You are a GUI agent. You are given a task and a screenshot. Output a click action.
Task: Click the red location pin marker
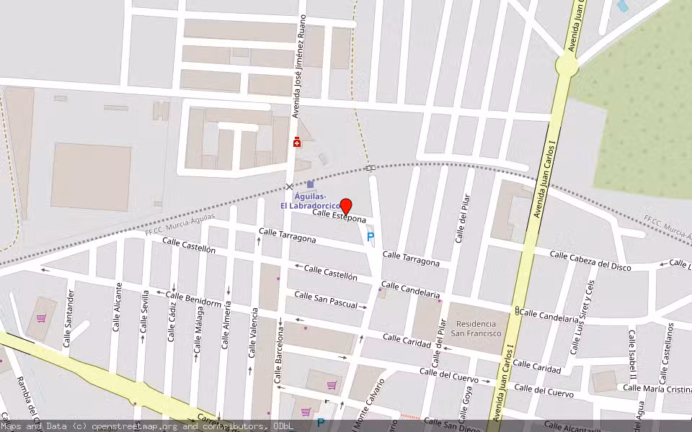click(x=346, y=207)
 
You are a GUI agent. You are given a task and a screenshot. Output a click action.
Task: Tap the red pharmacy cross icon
click(x=297, y=143)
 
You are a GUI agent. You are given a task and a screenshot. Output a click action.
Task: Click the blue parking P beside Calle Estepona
click(x=371, y=236)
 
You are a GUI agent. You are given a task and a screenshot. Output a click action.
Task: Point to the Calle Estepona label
click(x=339, y=215)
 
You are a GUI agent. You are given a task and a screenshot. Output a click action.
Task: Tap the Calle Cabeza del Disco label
click(x=590, y=261)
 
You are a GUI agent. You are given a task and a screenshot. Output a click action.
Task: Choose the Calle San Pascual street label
click(x=326, y=300)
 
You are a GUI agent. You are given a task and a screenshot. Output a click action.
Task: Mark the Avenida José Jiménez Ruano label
click(x=303, y=66)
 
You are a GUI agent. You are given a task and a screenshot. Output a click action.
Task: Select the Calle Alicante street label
click(x=118, y=307)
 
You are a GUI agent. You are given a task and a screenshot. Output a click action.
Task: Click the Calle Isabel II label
click(x=632, y=355)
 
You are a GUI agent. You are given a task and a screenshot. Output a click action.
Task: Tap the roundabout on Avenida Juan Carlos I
click(x=567, y=66)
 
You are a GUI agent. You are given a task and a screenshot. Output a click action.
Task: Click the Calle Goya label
click(x=469, y=402)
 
